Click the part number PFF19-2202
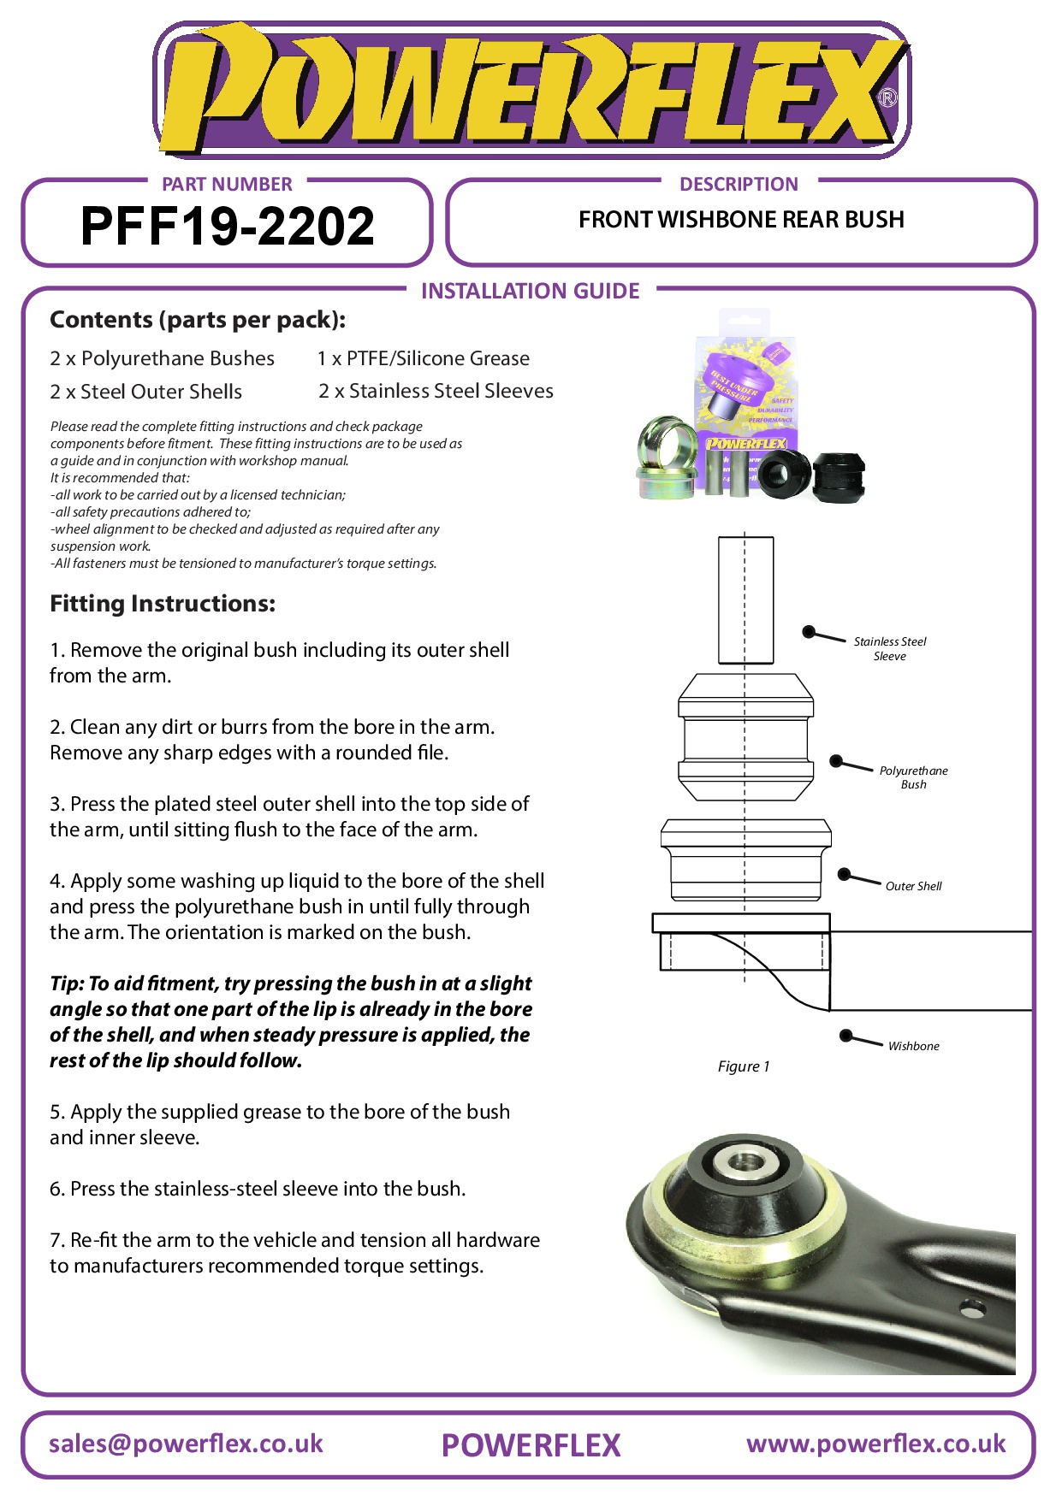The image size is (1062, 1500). click(x=227, y=227)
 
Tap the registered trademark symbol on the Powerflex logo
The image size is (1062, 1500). click(x=887, y=97)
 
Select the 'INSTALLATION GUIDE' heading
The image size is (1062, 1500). click(x=530, y=291)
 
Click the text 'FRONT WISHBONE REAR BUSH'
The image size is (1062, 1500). click(x=741, y=220)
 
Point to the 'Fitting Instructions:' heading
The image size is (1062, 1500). click(x=163, y=604)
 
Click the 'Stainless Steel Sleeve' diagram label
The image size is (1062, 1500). click(x=890, y=648)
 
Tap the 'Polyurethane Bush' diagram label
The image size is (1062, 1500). click(x=913, y=777)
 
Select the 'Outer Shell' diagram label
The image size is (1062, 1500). click(x=913, y=886)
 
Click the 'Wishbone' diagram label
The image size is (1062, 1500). click(x=913, y=1046)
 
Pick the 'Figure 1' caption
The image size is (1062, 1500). click(x=744, y=1066)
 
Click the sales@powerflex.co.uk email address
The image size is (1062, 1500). click(x=186, y=1444)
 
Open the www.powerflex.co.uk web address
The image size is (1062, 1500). click(x=875, y=1444)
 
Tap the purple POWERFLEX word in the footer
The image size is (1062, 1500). click(x=531, y=1445)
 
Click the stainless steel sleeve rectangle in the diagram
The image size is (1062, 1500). click(x=745, y=599)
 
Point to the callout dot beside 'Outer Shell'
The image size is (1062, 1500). click(x=844, y=874)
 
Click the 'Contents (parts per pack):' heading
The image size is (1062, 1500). click(x=198, y=320)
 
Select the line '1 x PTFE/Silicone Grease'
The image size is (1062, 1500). click(x=423, y=358)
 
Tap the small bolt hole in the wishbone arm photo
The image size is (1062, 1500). click(x=972, y=1308)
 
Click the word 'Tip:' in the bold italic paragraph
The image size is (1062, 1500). click(x=67, y=983)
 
